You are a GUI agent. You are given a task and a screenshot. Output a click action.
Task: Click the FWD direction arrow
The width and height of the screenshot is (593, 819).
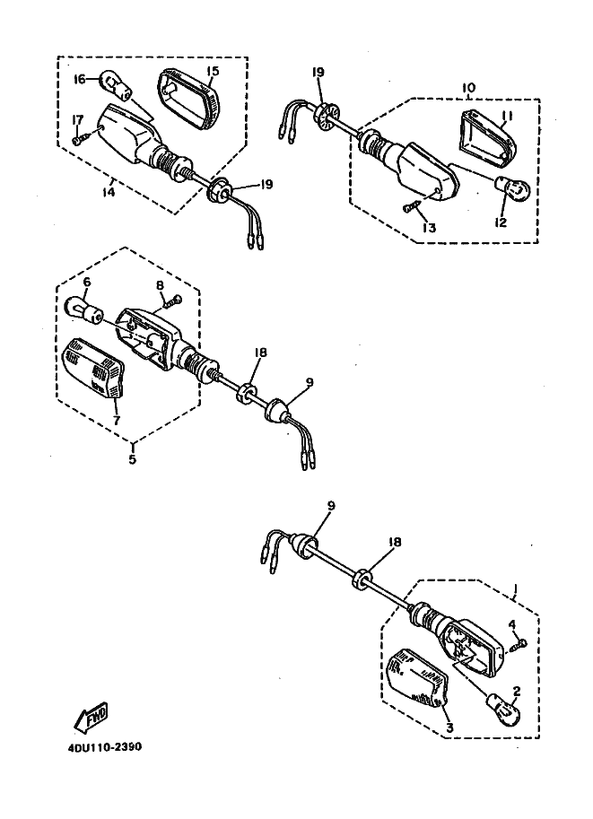coord(91,717)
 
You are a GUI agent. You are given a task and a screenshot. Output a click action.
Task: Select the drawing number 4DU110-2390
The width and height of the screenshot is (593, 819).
coord(104,747)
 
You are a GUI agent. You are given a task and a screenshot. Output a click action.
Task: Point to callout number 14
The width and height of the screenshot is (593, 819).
coord(109,192)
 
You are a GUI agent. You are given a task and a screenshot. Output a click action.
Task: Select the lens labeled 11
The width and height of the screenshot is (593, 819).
coord(486,137)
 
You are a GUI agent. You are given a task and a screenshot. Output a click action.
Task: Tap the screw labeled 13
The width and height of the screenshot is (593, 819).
coord(412,207)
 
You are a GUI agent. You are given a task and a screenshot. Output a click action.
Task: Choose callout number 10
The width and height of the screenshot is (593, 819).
coord(468,87)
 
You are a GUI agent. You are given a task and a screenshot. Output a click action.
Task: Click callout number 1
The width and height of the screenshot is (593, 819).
coord(515,590)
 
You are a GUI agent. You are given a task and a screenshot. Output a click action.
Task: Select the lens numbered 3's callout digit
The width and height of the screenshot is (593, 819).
coord(449,728)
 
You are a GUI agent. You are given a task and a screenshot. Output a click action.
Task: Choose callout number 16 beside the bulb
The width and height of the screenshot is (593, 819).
coord(80,80)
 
